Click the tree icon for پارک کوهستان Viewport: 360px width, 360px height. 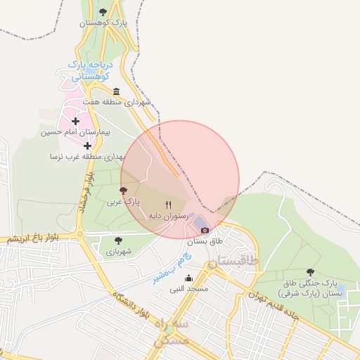coord(104,12)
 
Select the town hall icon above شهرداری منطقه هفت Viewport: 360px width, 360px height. coord(116,91)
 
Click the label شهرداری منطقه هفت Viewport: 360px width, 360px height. coord(117,102)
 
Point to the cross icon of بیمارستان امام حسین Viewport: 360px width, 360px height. coord(76,122)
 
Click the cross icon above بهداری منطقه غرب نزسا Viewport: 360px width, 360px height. coord(88,146)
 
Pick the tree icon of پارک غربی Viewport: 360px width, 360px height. coord(124,190)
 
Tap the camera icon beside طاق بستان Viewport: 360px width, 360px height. coord(205,230)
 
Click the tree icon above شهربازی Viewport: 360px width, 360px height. coord(117,240)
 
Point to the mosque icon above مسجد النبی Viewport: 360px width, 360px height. coord(188,278)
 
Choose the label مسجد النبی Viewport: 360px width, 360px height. coord(188,289)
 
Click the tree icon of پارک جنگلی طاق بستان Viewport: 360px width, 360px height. coord(310,272)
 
